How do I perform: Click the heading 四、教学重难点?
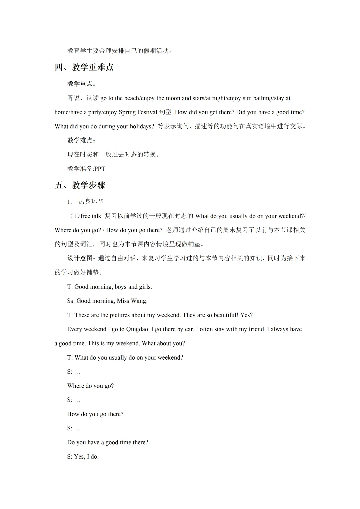(x=84, y=67)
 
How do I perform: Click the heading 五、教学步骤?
(x=80, y=185)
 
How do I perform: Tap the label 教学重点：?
(x=82, y=84)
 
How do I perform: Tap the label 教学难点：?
(x=82, y=140)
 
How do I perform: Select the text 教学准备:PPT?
(x=86, y=169)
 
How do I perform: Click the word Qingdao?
(x=138, y=329)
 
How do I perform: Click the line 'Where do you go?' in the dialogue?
(x=90, y=386)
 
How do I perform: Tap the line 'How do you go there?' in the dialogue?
(x=95, y=414)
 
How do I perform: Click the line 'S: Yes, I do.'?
(x=83, y=457)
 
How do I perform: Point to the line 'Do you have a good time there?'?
(x=108, y=443)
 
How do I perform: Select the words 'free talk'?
(x=91, y=216)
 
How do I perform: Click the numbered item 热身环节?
(x=91, y=202)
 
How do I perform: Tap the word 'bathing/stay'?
(x=270, y=98)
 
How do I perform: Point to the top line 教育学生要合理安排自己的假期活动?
(x=120, y=51)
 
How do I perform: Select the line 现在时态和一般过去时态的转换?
(x=113, y=155)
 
